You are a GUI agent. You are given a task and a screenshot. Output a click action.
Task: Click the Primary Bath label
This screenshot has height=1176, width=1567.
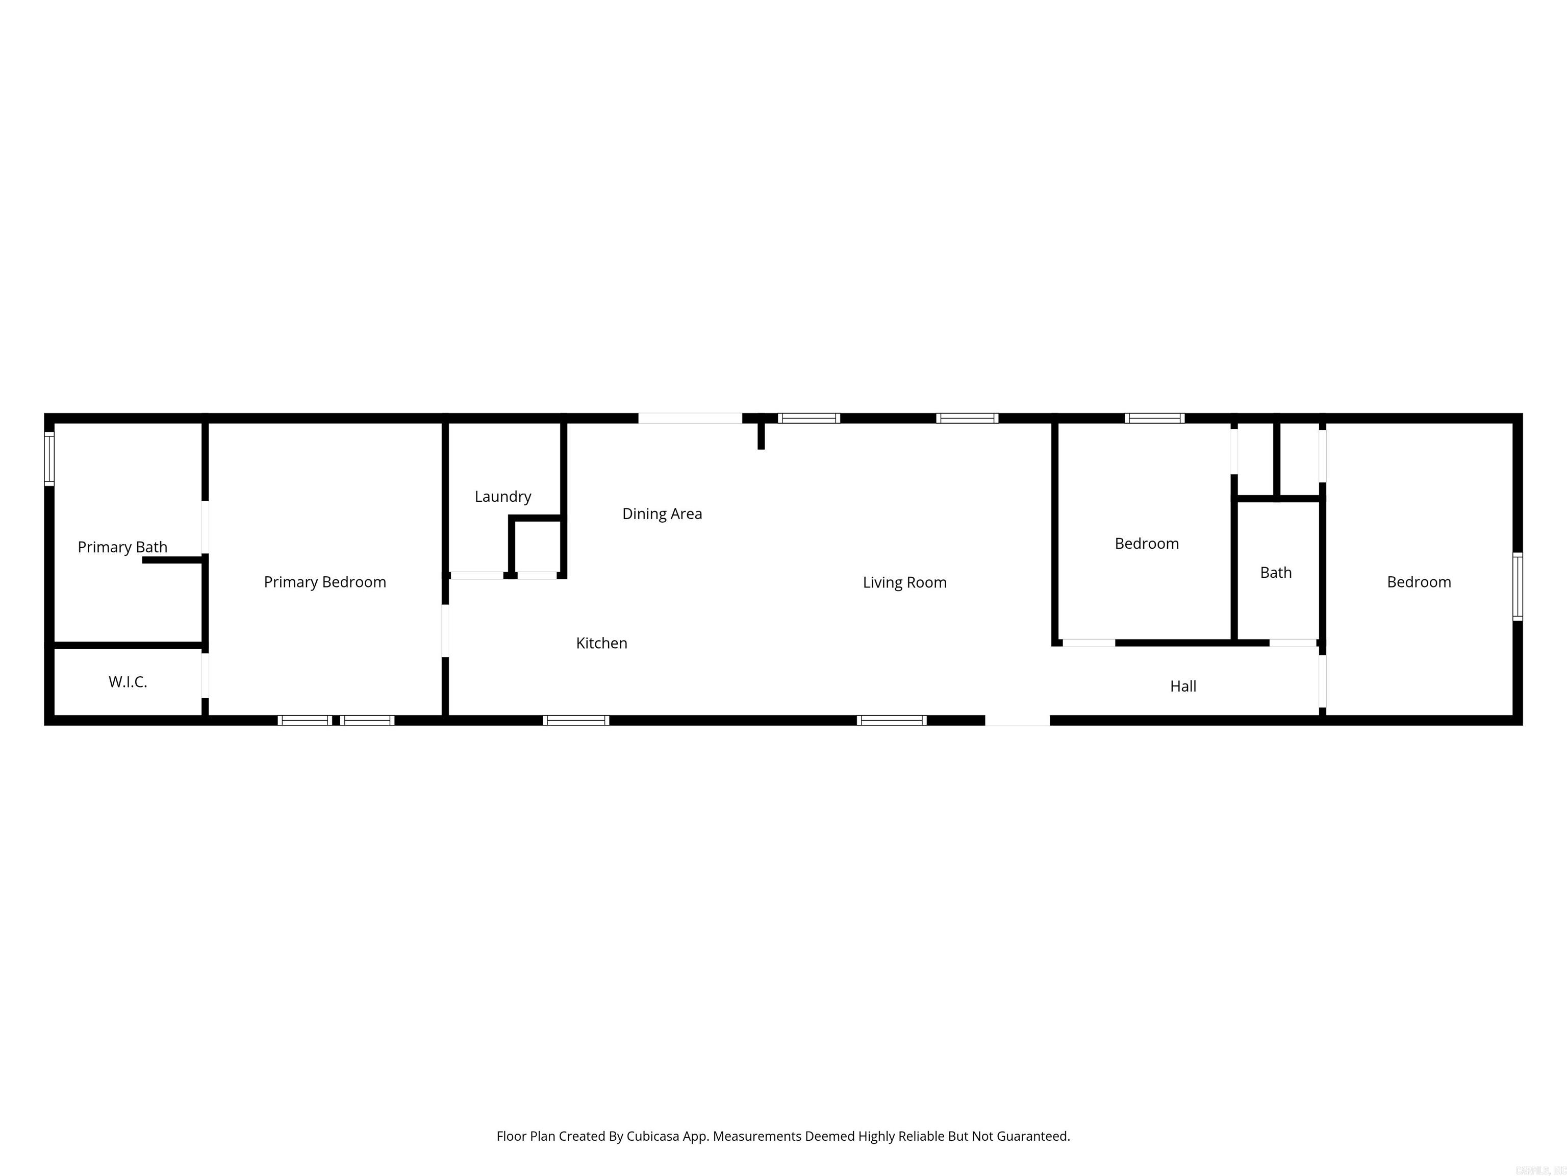122,547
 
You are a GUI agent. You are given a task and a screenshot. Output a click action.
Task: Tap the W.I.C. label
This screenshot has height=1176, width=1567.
128,682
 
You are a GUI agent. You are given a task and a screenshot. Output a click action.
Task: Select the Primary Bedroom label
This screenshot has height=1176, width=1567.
324,582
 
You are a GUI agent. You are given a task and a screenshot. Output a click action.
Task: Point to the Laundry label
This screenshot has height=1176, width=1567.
502,496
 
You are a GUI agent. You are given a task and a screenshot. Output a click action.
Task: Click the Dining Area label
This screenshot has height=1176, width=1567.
662,514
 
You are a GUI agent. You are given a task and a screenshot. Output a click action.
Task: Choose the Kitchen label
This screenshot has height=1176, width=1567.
601,643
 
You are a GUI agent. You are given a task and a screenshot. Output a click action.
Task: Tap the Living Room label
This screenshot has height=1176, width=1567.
904,583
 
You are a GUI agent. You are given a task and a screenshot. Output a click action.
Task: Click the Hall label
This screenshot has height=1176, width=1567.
1183,686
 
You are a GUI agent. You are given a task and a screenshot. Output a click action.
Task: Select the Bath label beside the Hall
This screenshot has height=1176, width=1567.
1275,573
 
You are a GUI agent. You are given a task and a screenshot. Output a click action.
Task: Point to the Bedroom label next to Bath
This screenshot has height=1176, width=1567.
1146,544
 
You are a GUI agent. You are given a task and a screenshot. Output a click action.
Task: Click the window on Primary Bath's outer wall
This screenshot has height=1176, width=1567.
49,459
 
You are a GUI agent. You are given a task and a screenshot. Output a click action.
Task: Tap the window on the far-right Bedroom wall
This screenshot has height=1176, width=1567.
1518,586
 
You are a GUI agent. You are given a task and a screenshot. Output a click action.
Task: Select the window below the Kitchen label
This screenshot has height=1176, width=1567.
575,720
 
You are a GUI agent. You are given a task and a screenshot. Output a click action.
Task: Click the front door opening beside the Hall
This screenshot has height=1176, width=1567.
1017,720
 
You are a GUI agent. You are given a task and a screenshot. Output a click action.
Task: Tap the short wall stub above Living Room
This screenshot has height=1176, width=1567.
761,434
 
